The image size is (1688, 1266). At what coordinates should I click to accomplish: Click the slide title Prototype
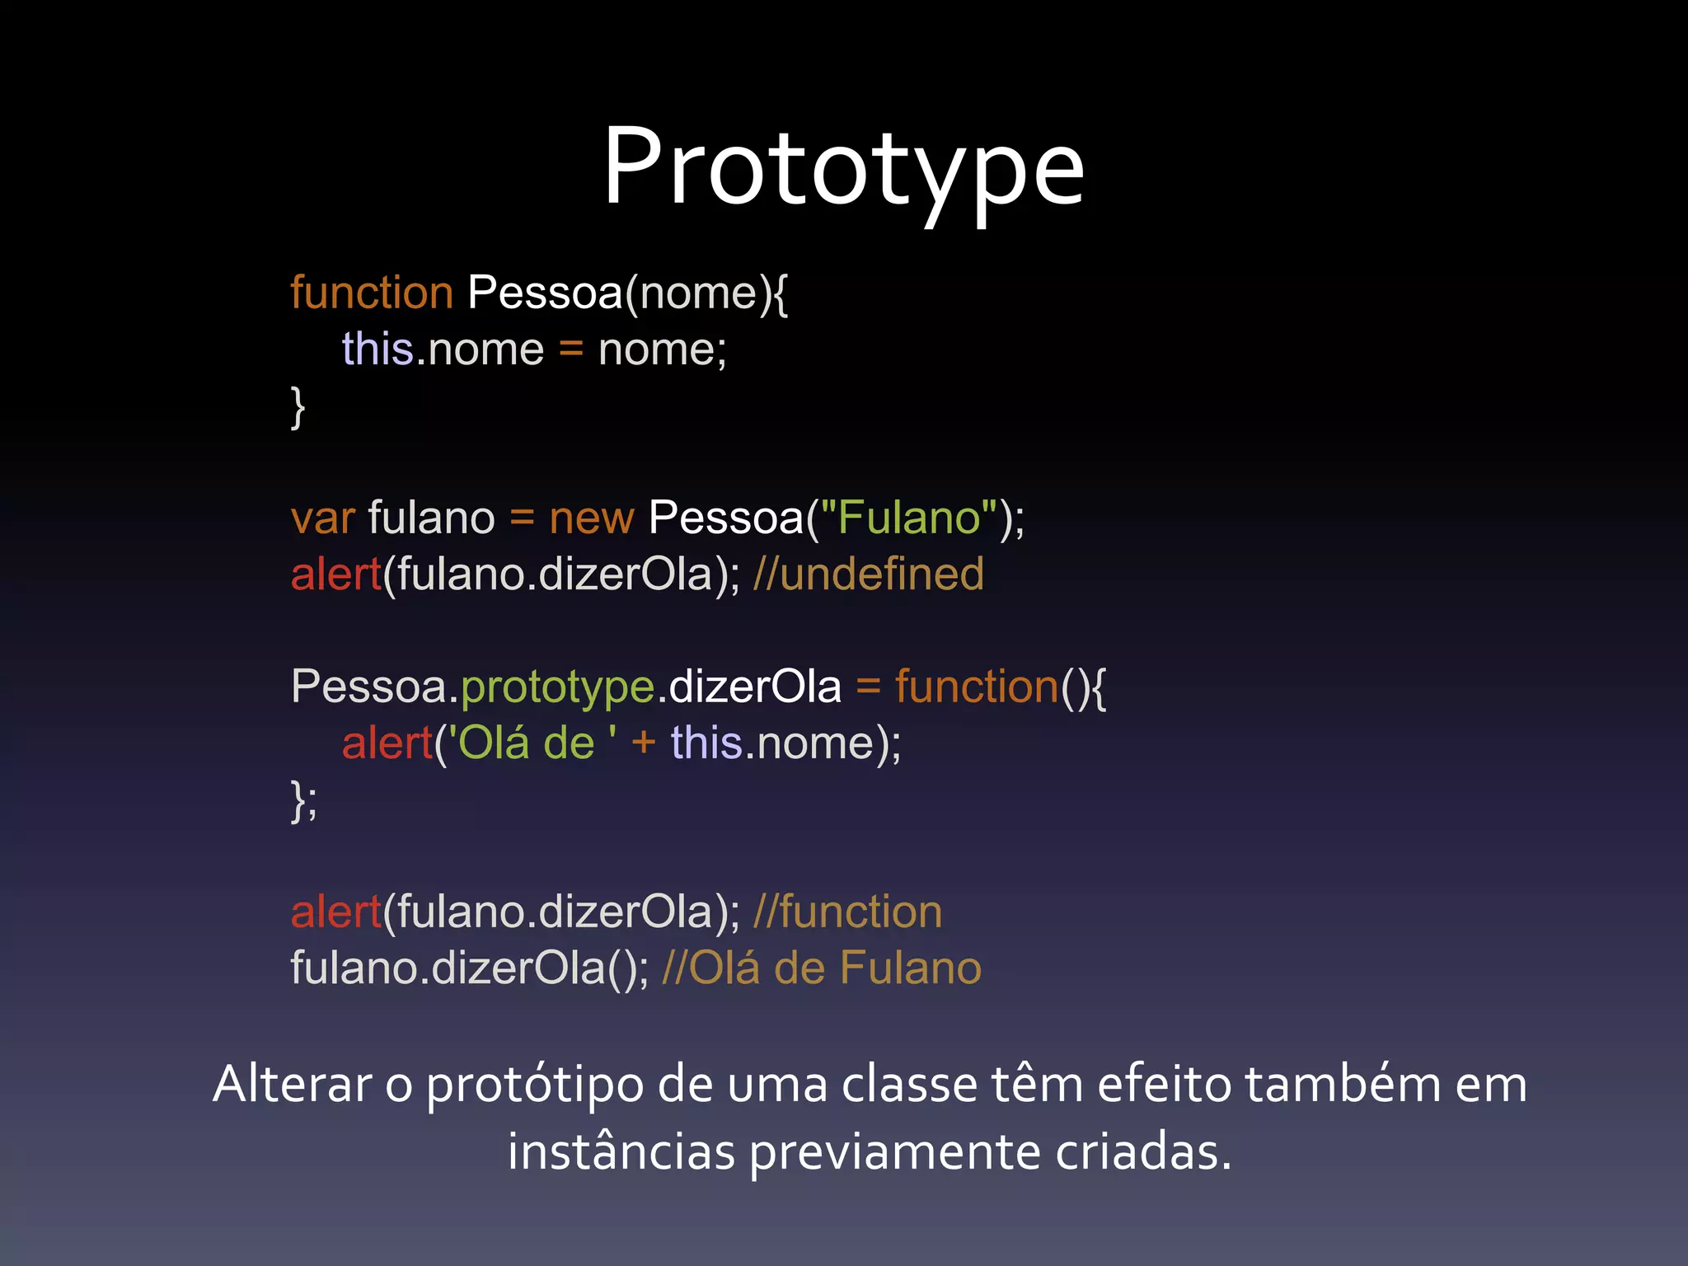click(x=843, y=169)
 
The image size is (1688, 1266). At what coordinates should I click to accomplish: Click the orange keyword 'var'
click(x=322, y=519)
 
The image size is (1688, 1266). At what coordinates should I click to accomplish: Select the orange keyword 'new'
click(x=591, y=519)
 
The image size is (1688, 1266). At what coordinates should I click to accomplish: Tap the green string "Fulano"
click(x=909, y=519)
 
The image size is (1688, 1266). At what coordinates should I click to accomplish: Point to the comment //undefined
click(x=868, y=574)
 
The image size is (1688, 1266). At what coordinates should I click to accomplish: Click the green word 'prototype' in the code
click(x=557, y=688)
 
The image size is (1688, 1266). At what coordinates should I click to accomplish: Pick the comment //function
click(x=847, y=912)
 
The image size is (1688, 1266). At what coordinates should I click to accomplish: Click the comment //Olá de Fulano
click(x=821, y=968)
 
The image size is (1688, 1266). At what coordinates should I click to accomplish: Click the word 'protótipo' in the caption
click(x=534, y=1086)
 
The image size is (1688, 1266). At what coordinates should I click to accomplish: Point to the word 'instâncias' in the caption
click(x=621, y=1152)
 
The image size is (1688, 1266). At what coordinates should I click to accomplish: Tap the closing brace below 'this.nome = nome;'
click(x=298, y=407)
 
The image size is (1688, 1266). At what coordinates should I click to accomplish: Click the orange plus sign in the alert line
click(x=643, y=743)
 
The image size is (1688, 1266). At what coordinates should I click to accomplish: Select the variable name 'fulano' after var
click(x=431, y=519)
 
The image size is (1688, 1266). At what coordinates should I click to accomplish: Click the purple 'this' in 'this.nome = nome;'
click(x=377, y=349)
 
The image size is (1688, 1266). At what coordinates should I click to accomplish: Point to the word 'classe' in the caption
click(x=907, y=1085)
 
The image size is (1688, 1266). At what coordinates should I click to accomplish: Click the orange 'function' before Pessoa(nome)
click(x=371, y=293)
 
